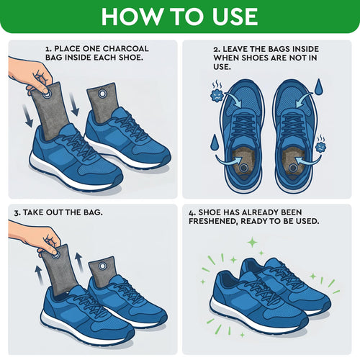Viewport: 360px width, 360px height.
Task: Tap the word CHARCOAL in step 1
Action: click(125, 49)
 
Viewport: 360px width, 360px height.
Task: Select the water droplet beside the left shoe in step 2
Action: click(214, 143)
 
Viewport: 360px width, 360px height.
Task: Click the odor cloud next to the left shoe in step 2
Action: click(217, 92)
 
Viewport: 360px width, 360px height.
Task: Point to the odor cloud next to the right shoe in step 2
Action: click(320, 145)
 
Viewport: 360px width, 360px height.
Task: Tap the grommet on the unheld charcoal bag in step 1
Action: click(102, 94)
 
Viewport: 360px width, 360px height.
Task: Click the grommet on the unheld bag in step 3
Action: click(102, 266)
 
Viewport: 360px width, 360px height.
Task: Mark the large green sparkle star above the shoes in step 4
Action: click(252, 242)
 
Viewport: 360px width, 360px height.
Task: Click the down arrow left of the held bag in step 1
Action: click(28, 117)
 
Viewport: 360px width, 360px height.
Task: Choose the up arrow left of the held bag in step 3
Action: click(40, 274)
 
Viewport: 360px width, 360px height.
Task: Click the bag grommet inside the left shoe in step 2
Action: click(244, 168)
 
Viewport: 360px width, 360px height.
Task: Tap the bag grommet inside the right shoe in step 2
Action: click(292, 168)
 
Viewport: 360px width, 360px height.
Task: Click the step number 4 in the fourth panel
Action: click(191, 213)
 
